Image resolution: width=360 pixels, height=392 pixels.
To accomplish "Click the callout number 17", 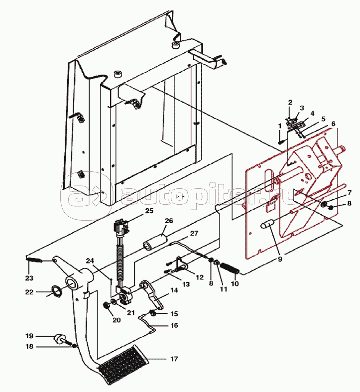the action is coord(174,359).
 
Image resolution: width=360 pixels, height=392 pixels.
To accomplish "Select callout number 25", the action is coord(149,211).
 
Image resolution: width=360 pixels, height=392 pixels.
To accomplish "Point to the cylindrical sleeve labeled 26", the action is coord(155,243).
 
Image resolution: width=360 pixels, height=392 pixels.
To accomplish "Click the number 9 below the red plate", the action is coord(280,259).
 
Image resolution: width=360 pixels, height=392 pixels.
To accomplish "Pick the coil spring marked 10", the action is coord(230,268).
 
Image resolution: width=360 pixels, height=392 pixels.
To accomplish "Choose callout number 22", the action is coord(29,292).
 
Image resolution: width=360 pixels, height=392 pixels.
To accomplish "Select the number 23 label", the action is coord(29,278).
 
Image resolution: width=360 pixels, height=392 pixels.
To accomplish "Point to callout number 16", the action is coord(174,325).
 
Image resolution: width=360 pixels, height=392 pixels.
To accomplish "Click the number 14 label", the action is coord(174,290).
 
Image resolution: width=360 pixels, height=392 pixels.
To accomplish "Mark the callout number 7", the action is coord(349,193).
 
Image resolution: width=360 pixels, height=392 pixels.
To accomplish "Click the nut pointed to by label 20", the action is coord(107,305).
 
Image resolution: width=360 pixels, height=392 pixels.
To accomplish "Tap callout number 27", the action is coord(194,233).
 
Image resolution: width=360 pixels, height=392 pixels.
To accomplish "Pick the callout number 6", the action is coord(333,124).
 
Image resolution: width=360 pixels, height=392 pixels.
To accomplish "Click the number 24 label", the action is coord(90,261).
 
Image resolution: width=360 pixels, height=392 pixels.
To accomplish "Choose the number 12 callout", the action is coord(200,277).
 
